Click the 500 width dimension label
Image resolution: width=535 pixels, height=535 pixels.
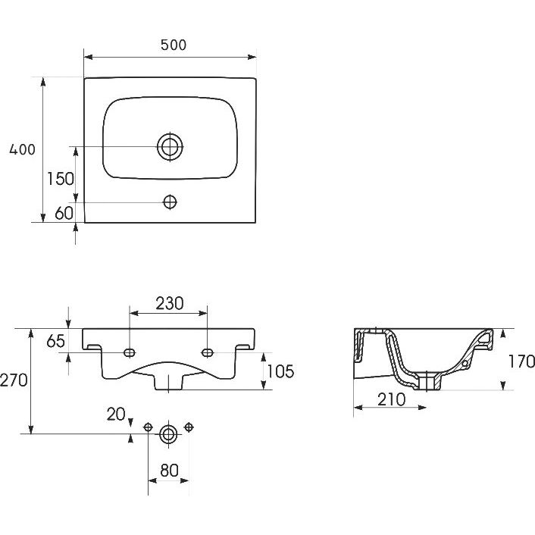pyautogui.click(x=173, y=45)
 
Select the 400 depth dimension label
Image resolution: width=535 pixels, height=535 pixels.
pyautogui.click(x=22, y=150)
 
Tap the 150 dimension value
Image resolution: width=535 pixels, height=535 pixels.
pyautogui.click(x=59, y=180)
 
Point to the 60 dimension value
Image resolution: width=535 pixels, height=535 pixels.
pyautogui.click(x=64, y=213)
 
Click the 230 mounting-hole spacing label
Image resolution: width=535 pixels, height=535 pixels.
pyautogui.click(x=169, y=303)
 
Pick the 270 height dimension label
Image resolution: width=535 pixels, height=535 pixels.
pyautogui.click(x=14, y=380)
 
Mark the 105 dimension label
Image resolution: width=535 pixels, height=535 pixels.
pyautogui.click(x=280, y=371)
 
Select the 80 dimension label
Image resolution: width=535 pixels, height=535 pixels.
pyautogui.click(x=168, y=469)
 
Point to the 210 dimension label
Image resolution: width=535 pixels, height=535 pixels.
pyautogui.click(x=391, y=399)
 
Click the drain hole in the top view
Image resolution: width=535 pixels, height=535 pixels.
pyautogui.click(x=170, y=145)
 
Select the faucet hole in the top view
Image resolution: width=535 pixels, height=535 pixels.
pyautogui.click(x=170, y=202)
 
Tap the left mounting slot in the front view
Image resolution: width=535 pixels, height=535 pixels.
pyautogui.click(x=130, y=352)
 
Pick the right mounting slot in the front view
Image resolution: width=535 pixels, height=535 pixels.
pyautogui.click(x=208, y=352)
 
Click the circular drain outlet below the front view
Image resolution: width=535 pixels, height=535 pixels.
pyautogui.click(x=168, y=433)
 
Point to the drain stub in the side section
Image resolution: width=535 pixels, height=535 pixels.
pyautogui.click(x=432, y=383)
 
